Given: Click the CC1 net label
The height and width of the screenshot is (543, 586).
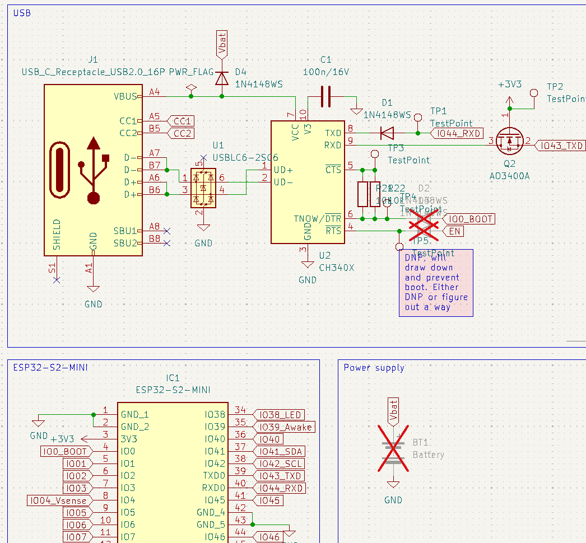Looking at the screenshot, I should pos(183,121).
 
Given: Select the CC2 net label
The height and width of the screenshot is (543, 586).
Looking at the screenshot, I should pos(183,133).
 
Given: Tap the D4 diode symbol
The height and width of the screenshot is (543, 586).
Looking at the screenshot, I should pos(222,78).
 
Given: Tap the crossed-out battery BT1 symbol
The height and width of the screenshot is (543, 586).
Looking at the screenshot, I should pos(393,448).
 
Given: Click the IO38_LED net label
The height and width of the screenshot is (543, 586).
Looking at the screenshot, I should pos(280,415).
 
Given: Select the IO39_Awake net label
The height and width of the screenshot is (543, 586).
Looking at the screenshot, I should pos(285,427).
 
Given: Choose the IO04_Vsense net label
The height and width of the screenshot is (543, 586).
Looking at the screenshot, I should pos(57,500).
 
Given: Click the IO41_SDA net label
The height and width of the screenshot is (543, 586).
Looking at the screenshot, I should pos(280,451).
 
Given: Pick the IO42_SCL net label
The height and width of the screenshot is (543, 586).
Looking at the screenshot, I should pos(280,464).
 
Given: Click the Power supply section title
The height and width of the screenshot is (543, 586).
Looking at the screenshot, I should pos(374,368).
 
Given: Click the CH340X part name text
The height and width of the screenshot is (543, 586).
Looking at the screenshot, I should pos(337,268).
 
